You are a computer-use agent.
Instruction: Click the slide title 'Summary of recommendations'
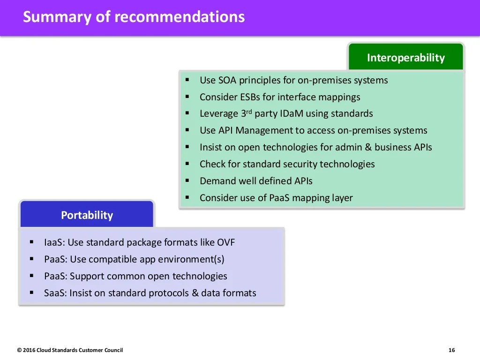[134, 17]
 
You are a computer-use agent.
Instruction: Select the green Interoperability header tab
[405, 58]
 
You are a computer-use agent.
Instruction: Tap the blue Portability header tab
[87, 215]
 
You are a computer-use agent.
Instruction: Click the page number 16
[451, 350]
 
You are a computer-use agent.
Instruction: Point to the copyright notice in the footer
[70, 350]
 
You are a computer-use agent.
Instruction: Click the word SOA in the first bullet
[227, 80]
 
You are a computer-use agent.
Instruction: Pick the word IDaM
[292, 113]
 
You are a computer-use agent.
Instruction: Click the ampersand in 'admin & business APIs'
[367, 147]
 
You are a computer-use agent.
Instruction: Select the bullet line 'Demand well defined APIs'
[256, 181]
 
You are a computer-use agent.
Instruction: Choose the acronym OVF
[225, 242]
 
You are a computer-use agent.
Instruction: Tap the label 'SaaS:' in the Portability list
[55, 293]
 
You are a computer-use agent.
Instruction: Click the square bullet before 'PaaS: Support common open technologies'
[32, 276]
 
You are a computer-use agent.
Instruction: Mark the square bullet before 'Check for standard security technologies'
[187, 164]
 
